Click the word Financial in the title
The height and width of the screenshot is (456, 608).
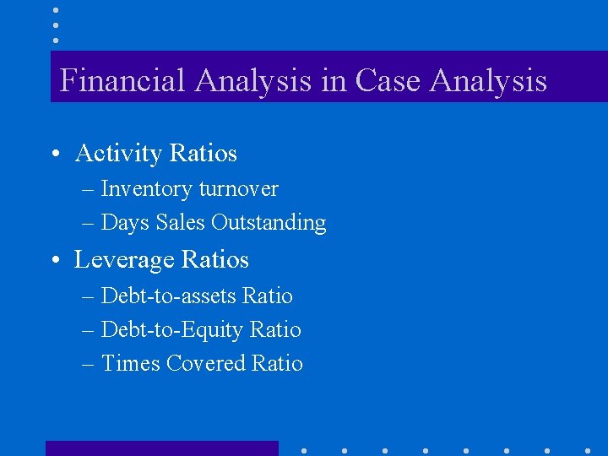[122, 81]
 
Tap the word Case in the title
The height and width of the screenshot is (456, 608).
[388, 81]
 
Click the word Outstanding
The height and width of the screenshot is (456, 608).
[269, 223]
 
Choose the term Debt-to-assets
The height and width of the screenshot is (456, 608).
[168, 296]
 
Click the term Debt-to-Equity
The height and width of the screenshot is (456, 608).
[172, 330]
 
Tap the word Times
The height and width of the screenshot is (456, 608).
[129, 364]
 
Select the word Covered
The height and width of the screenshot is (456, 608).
[206, 364]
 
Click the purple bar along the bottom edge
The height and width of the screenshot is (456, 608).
[161, 448]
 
